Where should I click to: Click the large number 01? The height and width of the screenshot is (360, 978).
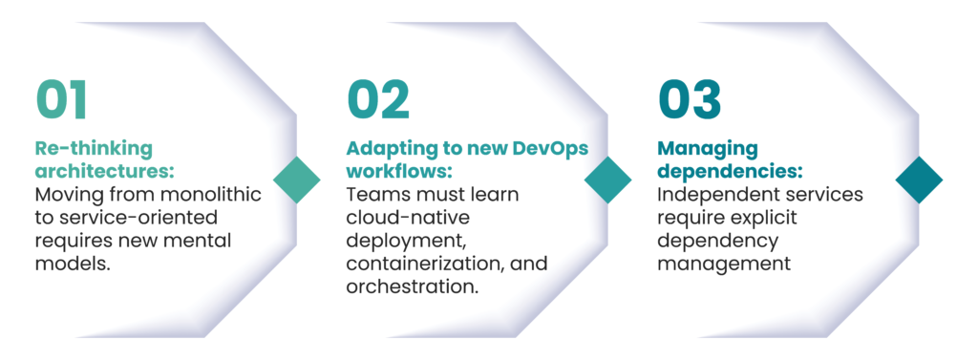tap(61, 100)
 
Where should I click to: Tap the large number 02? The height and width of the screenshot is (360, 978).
tap(378, 100)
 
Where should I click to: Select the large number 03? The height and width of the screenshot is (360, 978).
tap(690, 100)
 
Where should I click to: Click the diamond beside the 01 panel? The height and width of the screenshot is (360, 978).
tap(297, 180)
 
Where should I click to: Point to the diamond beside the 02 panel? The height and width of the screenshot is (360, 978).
tap(608, 180)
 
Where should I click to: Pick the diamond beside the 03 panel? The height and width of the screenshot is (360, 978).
tap(920, 180)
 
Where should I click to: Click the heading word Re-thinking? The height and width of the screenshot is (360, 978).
tap(94, 149)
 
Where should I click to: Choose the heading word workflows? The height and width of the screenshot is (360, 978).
tap(398, 171)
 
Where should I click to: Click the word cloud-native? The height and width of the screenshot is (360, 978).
tap(408, 218)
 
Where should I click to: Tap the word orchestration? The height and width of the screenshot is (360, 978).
tap(413, 286)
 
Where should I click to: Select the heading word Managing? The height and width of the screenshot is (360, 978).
tap(708, 150)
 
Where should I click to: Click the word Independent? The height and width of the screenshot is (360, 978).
tap(718, 195)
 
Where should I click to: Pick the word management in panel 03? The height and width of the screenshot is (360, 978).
tap(724, 264)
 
